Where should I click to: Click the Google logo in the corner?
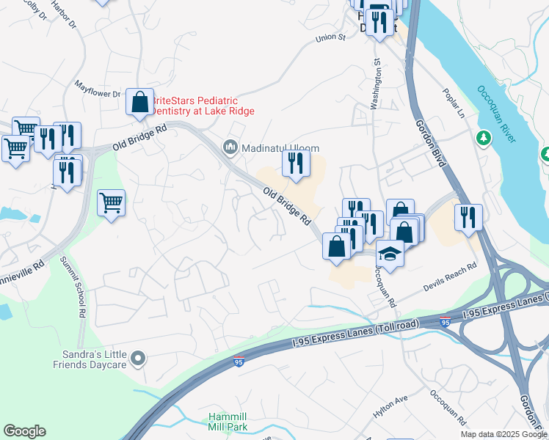tap(24, 431)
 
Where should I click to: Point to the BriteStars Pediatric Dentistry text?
tap(203, 106)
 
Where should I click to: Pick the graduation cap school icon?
tap(390, 254)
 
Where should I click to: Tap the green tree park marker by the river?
tap(483, 138)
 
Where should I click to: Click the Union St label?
tap(330, 37)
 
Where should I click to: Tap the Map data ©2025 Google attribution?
tap(504, 434)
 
